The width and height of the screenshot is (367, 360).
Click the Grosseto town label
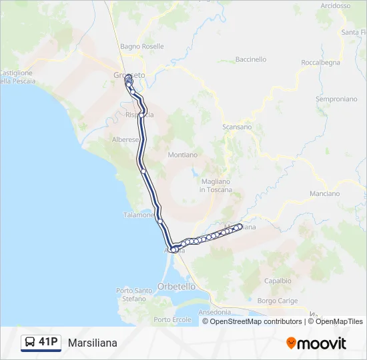129,75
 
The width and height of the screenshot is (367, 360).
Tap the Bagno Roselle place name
142,47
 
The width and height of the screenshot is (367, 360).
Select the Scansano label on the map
237,127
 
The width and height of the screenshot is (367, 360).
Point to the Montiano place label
183,155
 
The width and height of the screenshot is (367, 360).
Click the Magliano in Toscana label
216,185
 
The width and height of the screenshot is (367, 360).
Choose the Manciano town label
325,193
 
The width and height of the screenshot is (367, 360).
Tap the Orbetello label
176,286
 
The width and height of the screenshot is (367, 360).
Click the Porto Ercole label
172,319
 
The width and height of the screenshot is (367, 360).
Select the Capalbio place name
278,281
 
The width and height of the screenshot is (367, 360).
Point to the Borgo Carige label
277,301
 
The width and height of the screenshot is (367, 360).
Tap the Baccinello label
251,59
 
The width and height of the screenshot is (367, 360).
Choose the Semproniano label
336,99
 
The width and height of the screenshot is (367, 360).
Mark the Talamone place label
139,215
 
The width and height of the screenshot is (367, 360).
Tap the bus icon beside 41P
30,343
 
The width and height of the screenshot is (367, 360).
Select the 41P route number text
48,343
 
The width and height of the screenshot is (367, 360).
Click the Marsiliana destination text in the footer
92,343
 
